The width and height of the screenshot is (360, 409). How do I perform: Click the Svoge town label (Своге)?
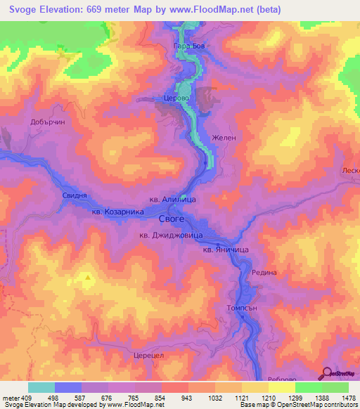point(172,219)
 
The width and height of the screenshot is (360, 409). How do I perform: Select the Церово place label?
point(176,99)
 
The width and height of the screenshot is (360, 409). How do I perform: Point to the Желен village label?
point(224,138)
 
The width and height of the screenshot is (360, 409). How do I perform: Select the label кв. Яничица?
point(226,249)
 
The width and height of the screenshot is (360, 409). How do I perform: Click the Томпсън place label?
point(243,307)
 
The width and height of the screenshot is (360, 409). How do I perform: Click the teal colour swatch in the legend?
point(41,388)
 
